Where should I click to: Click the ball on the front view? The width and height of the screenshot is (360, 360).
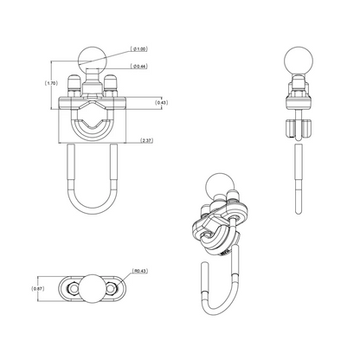point(95,61)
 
